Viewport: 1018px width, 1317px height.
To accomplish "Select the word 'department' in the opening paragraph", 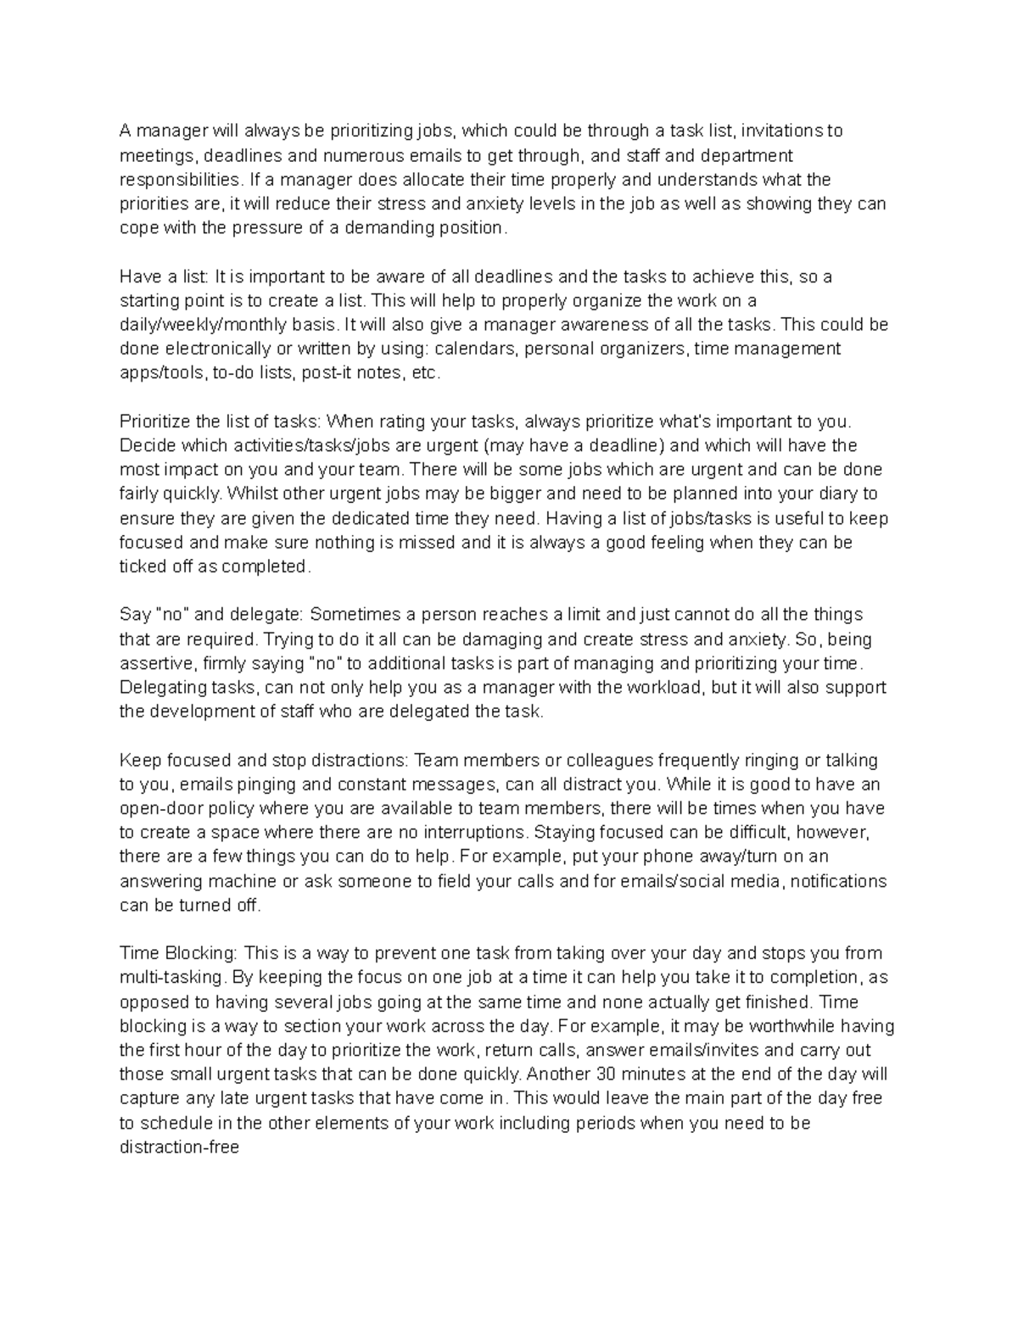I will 744,155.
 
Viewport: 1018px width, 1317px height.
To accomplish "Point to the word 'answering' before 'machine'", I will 158,881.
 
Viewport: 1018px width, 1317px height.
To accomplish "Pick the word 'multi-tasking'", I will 166,978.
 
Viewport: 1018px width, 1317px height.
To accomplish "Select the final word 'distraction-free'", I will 179,1147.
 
